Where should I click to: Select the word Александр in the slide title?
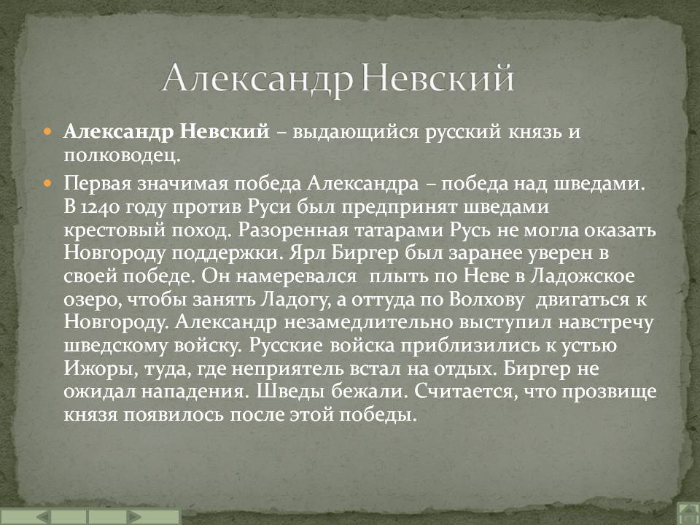257,79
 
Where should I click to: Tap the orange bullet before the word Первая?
47,182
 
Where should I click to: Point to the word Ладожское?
591,277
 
